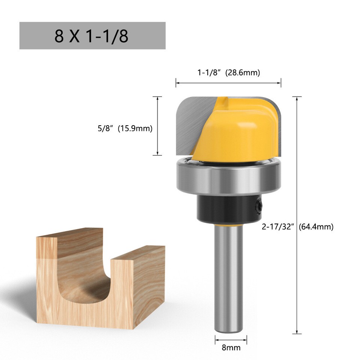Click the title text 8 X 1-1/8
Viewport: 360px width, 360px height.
(91, 36)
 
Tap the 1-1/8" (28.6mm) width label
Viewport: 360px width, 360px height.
(228, 73)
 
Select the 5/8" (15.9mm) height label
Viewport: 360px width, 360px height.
(125, 129)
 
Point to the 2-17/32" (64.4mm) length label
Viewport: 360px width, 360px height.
(319, 226)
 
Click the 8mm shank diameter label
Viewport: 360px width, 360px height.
(231, 347)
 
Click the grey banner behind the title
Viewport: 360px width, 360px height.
(150, 36)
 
